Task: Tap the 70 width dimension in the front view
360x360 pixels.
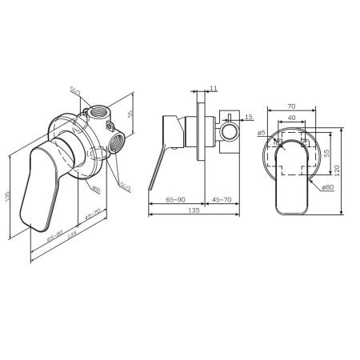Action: [x=290, y=105]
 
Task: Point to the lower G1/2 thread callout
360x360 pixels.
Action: [x=126, y=187]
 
